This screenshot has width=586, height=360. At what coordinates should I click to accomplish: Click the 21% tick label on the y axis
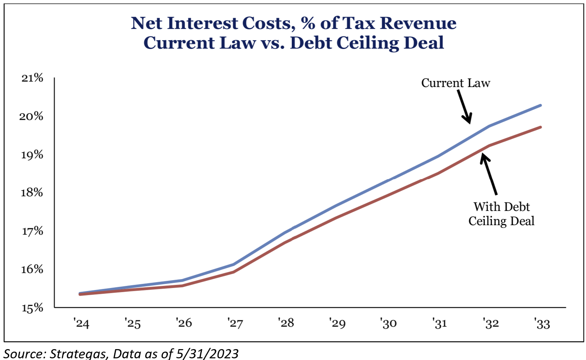click(x=32, y=78)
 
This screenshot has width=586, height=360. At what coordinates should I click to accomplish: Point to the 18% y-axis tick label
click(x=32, y=193)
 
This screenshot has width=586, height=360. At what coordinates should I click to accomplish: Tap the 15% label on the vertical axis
click(x=32, y=308)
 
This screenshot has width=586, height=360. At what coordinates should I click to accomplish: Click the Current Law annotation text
click(x=455, y=83)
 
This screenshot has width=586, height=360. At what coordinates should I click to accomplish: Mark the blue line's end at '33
click(x=541, y=105)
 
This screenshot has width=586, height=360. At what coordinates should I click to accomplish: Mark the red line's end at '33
click(x=541, y=127)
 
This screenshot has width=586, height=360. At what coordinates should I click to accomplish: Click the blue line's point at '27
click(x=233, y=265)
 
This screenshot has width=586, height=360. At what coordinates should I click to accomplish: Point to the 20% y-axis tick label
click(x=32, y=116)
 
